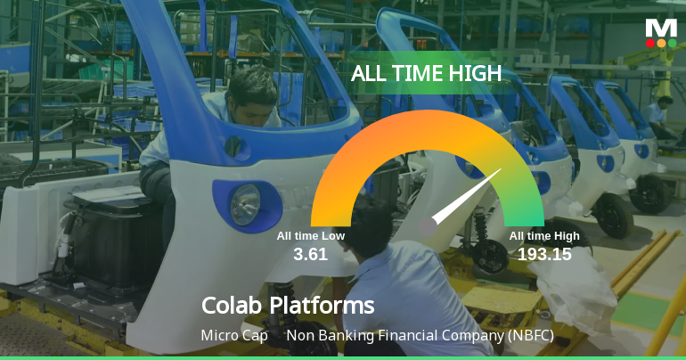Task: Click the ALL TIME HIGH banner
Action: coord(427,74)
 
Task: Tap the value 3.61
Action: coord(310,254)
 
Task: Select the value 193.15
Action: coord(544,254)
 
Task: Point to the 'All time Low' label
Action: coord(310,236)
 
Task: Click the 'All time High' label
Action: coord(544,236)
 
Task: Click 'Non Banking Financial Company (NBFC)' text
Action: coord(420,336)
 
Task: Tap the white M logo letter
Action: coord(661,28)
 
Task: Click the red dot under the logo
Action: coord(650,43)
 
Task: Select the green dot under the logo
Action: coord(672,43)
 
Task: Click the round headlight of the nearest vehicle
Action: coord(243,205)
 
